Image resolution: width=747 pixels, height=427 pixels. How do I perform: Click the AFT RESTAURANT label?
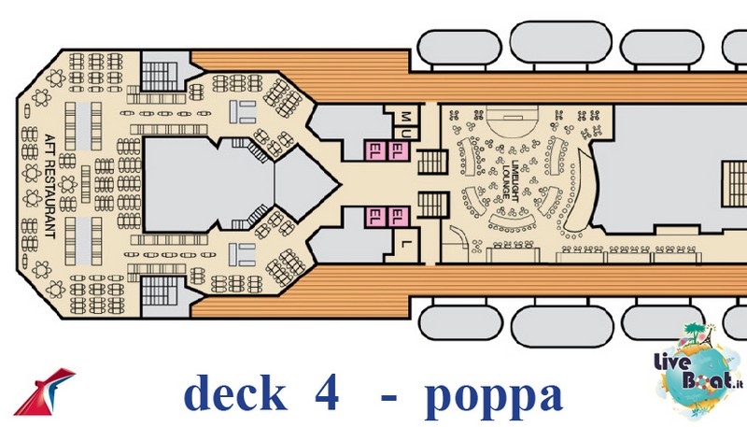click(x=49, y=186)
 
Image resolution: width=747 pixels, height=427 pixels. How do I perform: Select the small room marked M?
click(x=405, y=115)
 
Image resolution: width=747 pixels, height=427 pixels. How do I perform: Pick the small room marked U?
click(x=406, y=134)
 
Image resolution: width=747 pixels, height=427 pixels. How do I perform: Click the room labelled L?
click(x=405, y=244)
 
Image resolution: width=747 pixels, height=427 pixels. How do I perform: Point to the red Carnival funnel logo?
click(x=44, y=391)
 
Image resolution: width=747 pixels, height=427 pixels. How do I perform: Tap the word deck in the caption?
click(x=235, y=393)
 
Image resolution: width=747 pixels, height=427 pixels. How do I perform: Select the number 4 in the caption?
click(x=327, y=392)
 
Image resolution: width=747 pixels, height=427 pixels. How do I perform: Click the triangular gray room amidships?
click(x=303, y=183)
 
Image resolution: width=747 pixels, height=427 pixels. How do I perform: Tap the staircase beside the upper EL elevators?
click(x=432, y=162)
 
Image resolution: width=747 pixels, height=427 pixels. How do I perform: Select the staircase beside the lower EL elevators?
click(x=432, y=205)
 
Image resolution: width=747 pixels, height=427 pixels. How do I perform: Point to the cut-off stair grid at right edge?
click(x=734, y=183)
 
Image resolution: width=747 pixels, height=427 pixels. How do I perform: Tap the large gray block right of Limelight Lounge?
click(x=667, y=169)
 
